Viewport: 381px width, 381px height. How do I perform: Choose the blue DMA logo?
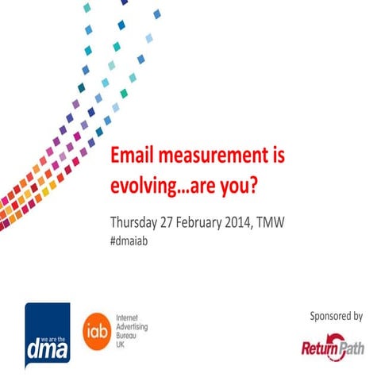[47, 334]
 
